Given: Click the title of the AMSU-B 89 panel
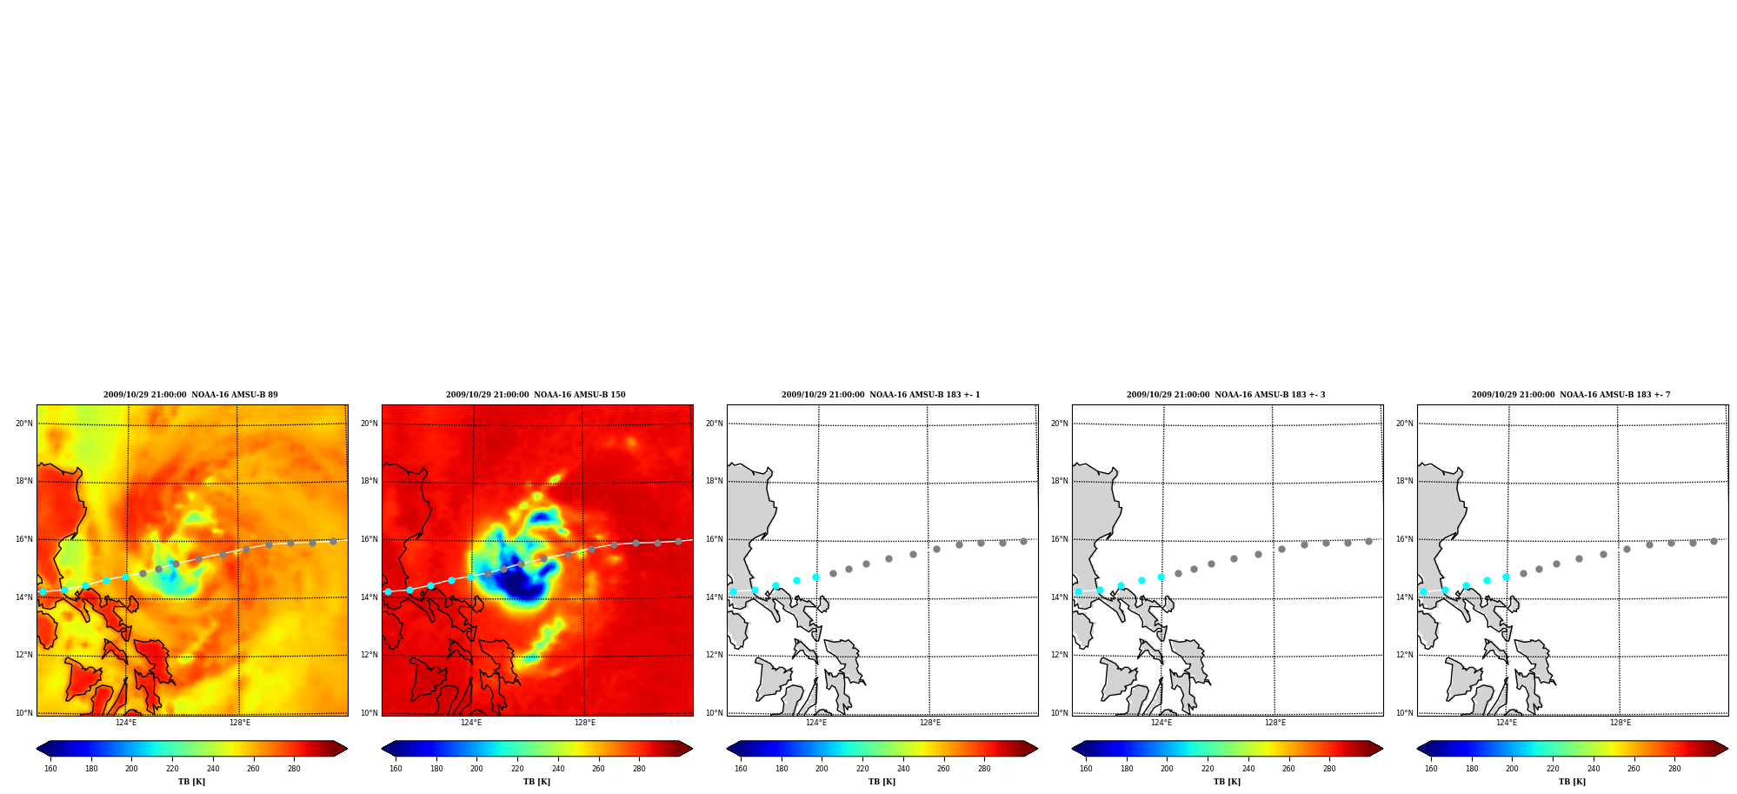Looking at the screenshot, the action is [x=190, y=395].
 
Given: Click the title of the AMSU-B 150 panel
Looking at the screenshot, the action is [x=536, y=395].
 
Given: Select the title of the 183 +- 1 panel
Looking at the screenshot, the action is [x=881, y=395].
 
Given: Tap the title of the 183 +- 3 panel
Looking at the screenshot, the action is [x=1226, y=395].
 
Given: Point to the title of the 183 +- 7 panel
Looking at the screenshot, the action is [x=1571, y=395].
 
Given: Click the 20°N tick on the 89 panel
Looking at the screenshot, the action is [x=24, y=424].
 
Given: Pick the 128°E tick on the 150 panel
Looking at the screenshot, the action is [x=585, y=723].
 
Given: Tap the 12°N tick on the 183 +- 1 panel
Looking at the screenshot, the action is [x=714, y=655].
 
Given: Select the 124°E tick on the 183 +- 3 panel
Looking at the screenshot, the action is [x=1161, y=723].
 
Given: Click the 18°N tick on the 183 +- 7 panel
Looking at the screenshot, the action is [x=1404, y=481].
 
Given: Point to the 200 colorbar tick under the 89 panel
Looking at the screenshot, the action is [x=131, y=769].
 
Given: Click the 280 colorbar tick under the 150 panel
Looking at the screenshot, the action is [x=639, y=769].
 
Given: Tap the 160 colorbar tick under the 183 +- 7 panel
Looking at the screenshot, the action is [x=1431, y=769].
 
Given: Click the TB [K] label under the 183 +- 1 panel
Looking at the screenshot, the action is [x=882, y=782].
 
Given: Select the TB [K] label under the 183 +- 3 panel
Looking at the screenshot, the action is [x=1227, y=782].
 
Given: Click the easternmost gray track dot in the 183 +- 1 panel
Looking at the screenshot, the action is [x=1023, y=541].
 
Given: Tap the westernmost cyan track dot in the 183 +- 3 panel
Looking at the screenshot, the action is [x=1078, y=591].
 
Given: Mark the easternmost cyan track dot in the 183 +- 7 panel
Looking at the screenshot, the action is [x=1506, y=577].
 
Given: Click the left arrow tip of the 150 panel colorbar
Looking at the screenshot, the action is [x=382, y=749].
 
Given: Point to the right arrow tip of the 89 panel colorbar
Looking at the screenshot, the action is [x=348, y=749].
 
